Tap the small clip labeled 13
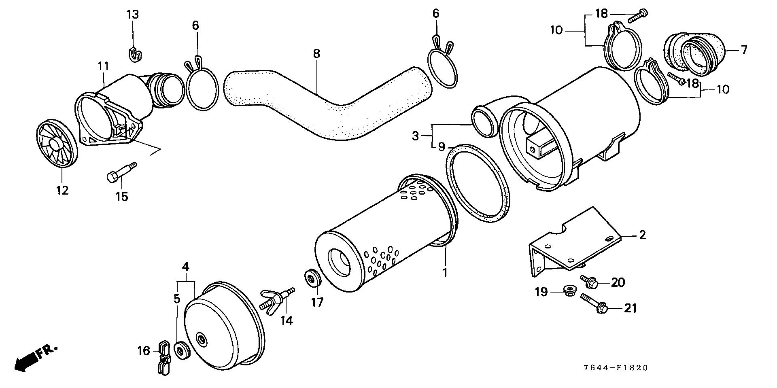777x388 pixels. point(135,55)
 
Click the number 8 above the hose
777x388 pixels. point(316,53)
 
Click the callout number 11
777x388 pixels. point(103,66)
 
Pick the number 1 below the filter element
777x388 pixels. point(445,272)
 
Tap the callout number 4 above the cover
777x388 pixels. point(185,267)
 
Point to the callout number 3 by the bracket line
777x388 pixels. point(415,136)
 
